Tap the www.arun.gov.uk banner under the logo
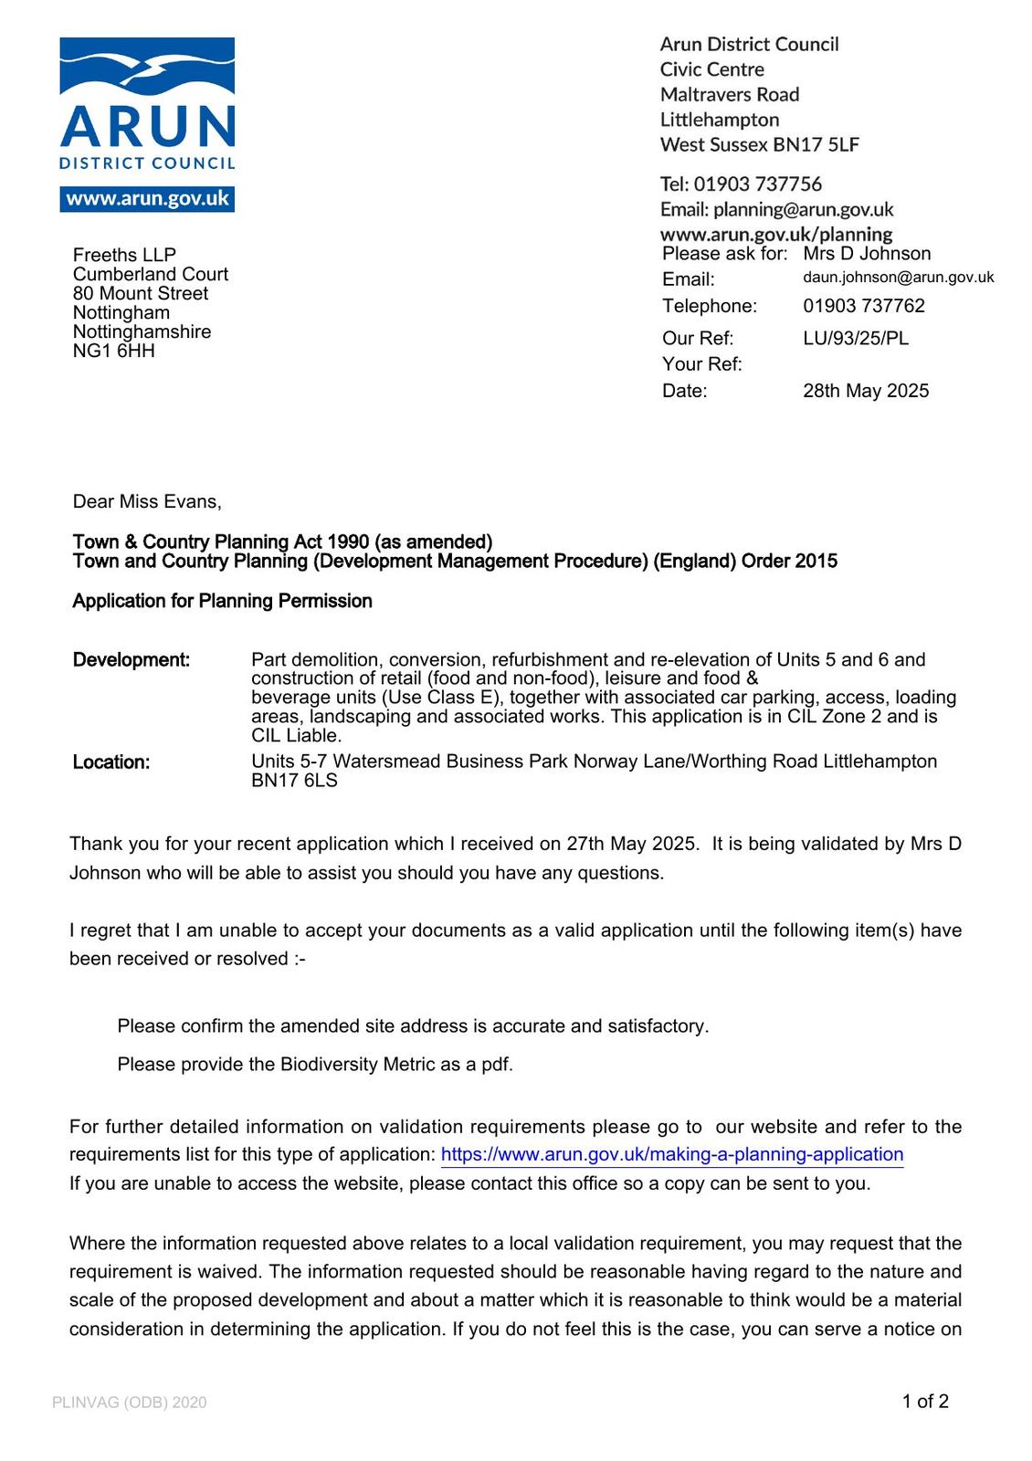147,199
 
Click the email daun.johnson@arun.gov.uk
898,278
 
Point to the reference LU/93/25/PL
856,339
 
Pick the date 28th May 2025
866,391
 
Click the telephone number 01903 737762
864,306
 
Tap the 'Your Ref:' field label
701,364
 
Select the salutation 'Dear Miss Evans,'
147,501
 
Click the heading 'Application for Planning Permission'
222,601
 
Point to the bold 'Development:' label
132,660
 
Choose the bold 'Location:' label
111,762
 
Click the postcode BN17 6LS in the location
294,781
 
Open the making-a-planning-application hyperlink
672,1154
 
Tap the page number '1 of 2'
925,1402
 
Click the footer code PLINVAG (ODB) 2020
130,1403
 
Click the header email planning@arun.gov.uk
803,210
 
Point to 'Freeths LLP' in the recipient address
124,255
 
